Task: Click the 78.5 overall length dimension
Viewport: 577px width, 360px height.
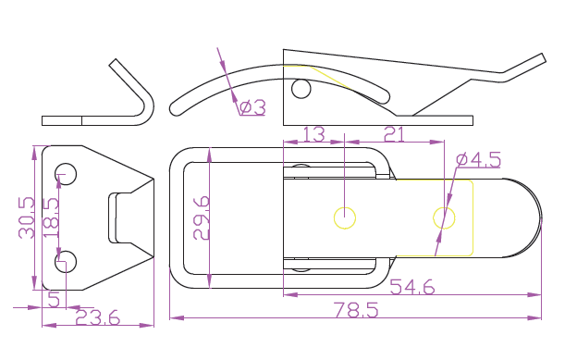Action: pyautogui.click(x=356, y=310)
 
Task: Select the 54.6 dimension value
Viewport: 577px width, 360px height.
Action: pyautogui.click(x=412, y=287)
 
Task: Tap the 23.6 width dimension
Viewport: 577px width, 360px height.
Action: pyautogui.click(x=97, y=317)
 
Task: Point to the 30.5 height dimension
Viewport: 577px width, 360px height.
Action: pyautogui.click(x=27, y=217)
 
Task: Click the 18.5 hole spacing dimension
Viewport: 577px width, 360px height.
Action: pyautogui.click(x=51, y=217)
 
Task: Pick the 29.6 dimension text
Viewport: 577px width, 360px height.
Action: pyautogui.click(x=202, y=217)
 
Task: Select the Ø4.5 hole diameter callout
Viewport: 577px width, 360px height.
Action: pyautogui.click(x=478, y=159)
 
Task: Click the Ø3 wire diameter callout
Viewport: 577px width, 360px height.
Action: pyautogui.click(x=252, y=107)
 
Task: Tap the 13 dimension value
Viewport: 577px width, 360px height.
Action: pyautogui.click(x=313, y=134)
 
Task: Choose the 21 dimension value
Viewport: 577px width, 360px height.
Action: pyautogui.click(x=394, y=134)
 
